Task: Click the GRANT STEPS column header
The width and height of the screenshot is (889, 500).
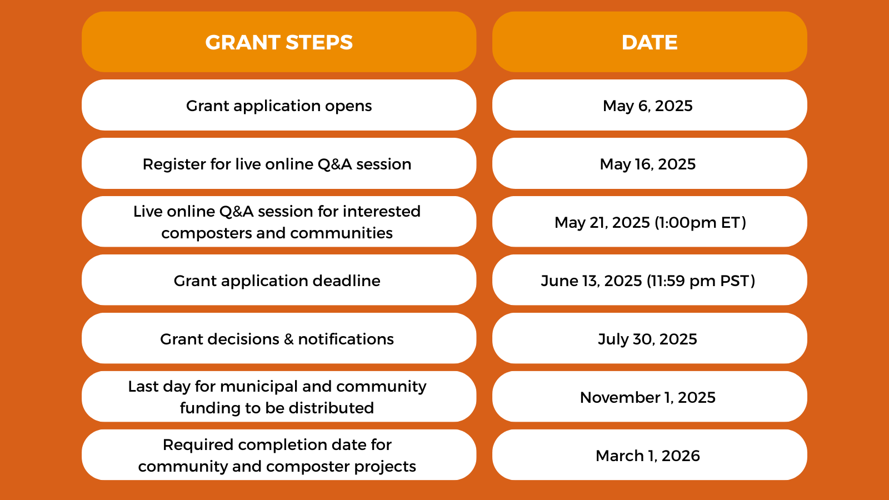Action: tap(278, 42)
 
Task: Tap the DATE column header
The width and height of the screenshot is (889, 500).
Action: tap(650, 42)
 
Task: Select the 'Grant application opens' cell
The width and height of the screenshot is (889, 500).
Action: tap(278, 105)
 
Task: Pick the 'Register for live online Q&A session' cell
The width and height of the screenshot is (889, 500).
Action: tap(278, 163)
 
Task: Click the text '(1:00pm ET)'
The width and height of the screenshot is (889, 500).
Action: tap(700, 223)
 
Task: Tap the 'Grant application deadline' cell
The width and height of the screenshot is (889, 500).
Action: tap(278, 280)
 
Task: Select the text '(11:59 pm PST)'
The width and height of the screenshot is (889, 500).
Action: tap(701, 281)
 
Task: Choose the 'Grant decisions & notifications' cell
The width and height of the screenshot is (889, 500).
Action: tap(278, 338)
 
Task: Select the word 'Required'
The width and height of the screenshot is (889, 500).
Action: tap(198, 445)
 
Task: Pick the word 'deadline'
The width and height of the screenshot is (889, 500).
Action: tap(346, 281)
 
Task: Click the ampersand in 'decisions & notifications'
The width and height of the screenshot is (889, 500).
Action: tap(288, 339)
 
